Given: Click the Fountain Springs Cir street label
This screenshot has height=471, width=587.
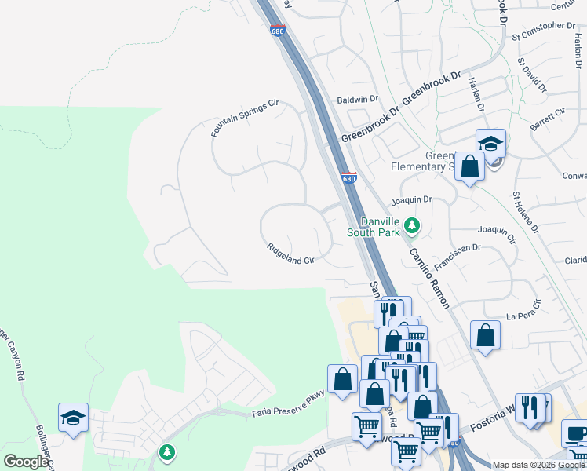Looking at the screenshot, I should [245, 119].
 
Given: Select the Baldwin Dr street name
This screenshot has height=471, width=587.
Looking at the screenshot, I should [357, 100].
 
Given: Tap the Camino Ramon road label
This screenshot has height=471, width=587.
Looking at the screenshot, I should [428, 278].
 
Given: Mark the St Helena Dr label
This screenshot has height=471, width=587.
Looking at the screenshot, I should [525, 211].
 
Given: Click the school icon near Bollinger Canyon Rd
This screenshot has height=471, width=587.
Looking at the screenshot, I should [73, 418].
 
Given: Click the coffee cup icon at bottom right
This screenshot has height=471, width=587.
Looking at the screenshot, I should [575, 433].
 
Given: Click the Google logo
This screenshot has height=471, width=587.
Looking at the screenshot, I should [26, 462].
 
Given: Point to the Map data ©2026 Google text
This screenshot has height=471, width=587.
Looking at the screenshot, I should [538, 465].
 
